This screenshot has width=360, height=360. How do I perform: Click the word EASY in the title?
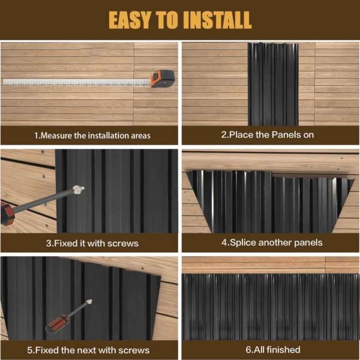pos(130,20)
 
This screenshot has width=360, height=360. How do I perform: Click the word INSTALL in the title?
pos(217,20)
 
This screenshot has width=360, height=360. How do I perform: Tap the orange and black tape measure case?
pos(163,79)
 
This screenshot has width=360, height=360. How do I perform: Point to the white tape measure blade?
pos(76,82)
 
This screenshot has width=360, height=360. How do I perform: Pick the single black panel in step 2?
pos(273,84)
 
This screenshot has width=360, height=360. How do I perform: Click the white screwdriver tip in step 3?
pos(78,190)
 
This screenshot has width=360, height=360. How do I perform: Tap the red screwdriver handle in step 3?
pos(7,214)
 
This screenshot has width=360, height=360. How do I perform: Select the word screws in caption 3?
pos(123,244)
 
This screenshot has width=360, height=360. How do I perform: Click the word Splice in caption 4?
pos(243,242)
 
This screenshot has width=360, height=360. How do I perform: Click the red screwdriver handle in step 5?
pos(58,324)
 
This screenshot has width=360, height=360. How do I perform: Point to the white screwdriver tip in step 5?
pos(89,302)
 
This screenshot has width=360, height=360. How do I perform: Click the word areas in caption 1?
pos(140,136)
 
